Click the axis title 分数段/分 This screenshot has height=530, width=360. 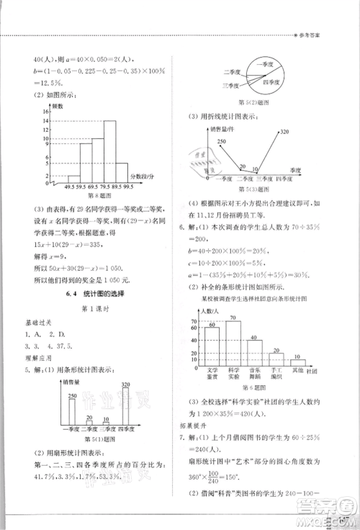143,176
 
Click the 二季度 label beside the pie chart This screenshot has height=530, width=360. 230,72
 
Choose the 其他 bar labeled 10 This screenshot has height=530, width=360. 298,359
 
